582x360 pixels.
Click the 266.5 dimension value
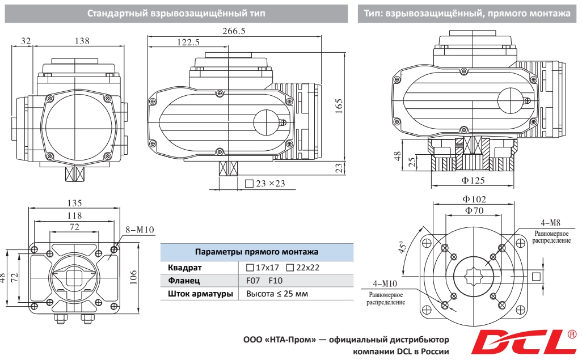(x=234, y=32)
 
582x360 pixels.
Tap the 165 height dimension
(x=339, y=106)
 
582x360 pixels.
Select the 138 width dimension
(x=82, y=41)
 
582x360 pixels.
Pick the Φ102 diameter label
(x=474, y=200)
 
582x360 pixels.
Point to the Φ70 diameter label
(x=474, y=211)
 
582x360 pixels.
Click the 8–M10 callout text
(x=140, y=230)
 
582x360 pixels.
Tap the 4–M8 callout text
(x=550, y=222)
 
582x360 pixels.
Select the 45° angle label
(x=404, y=248)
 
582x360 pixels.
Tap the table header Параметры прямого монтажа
(x=256, y=252)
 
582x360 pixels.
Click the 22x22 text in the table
(x=307, y=268)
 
